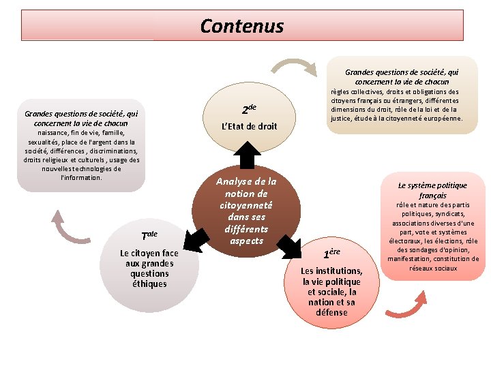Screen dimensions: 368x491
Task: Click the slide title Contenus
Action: click(242, 27)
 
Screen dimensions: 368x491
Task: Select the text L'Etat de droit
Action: click(250, 126)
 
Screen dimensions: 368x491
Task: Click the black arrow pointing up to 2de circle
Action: click(248, 155)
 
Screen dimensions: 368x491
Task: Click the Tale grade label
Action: click(149, 236)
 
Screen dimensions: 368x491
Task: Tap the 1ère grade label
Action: click(331, 254)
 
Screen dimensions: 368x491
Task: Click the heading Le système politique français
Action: click(433, 190)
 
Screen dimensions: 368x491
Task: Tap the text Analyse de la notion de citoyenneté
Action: click(246, 194)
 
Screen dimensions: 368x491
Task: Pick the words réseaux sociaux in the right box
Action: click(433, 269)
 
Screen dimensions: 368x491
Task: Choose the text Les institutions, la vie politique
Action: click(331, 276)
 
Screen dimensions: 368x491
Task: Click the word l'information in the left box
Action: click(81, 177)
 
